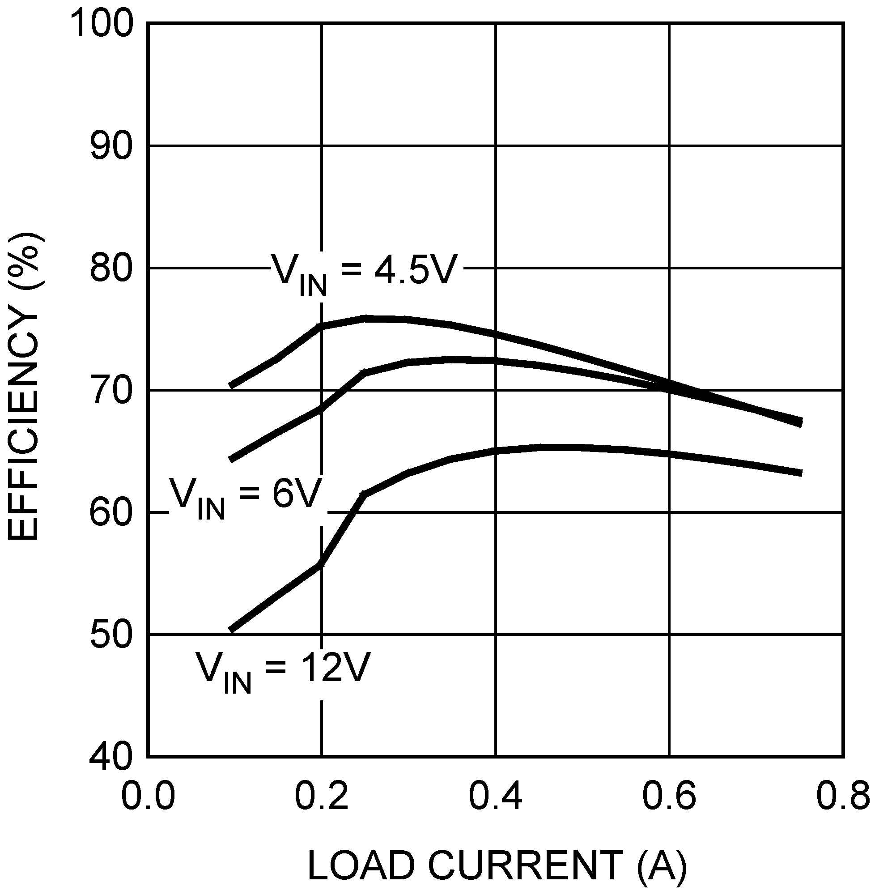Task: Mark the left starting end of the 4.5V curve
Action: click(x=231, y=386)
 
